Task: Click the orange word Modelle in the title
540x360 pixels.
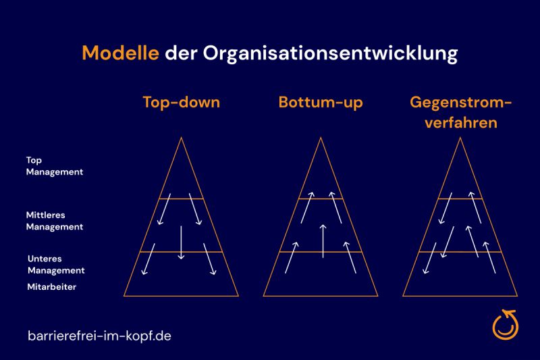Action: [121, 53]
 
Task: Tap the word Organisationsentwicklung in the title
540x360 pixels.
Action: [330, 54]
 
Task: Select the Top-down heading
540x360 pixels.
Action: [182, 102]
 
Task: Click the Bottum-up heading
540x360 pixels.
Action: [321, 103]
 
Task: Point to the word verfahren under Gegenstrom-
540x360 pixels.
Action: [461, 123]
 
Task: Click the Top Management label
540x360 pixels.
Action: [55, 166]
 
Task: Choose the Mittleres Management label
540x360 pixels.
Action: [55, 221]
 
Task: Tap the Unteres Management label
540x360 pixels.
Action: [56, 265]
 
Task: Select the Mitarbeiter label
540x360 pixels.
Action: [52, 286]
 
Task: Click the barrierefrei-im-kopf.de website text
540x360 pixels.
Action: [99, 336]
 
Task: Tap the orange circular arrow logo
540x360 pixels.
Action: [505, 324]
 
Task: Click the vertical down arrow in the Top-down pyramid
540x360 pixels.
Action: [181, 242]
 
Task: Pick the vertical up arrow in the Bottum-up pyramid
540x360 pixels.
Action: [323, 241]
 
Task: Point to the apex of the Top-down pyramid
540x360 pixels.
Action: [181, 138]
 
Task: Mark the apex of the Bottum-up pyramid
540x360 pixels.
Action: [321, 138]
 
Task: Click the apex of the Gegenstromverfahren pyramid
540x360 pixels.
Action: [460, 138]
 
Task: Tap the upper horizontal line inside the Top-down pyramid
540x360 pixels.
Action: [181, 199]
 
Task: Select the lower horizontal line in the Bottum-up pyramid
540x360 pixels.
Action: [321, 252]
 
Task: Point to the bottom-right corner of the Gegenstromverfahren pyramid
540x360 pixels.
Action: [517, 296]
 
